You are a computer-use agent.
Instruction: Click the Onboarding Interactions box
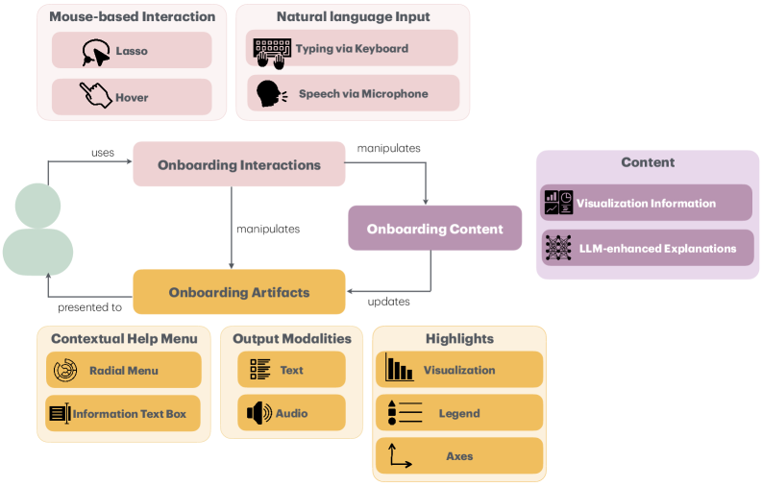coord(239,164)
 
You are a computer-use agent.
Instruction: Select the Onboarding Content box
coord(434,229)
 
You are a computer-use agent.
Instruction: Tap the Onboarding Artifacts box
coord(238,292)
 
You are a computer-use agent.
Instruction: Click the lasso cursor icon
coord(95,51)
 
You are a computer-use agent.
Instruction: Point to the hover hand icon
coord(95,96)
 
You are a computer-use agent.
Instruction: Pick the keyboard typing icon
coord(272,50)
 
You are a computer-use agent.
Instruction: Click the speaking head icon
coord(270,93)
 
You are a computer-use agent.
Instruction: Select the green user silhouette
coord(38,231)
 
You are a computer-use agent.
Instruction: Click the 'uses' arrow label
coord(103,153)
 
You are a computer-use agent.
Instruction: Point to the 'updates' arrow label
coord(389,302)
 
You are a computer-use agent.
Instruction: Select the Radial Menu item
coord(123,370)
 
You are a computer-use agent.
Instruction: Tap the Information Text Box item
coord(123,414)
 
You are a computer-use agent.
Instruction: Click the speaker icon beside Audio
coord(259,414)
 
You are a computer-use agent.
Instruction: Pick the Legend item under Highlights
coord(458,413)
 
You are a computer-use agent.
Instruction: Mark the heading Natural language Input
coord(353,17)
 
